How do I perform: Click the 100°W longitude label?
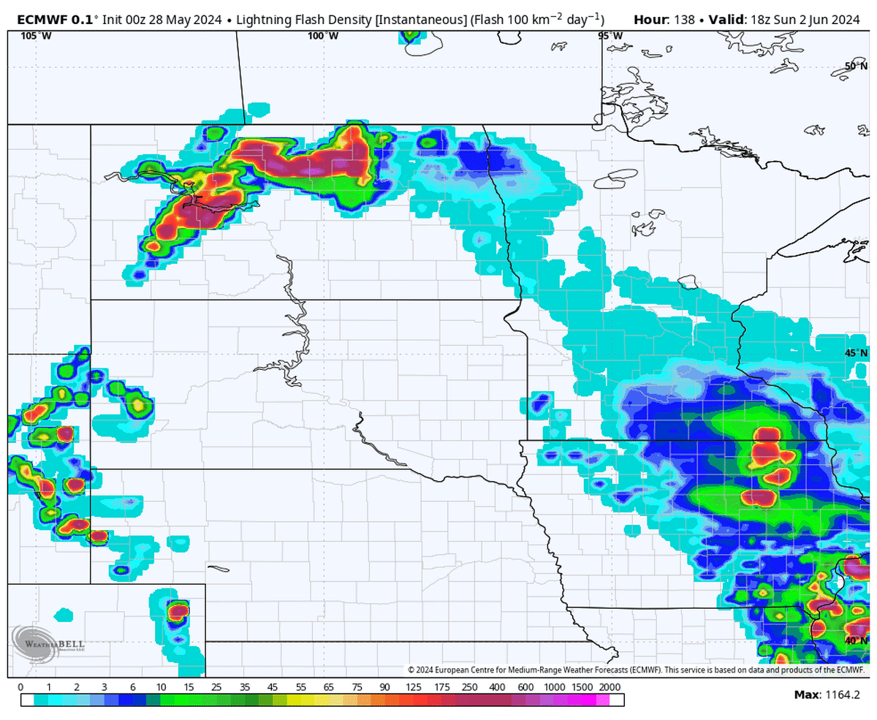coord(322,36)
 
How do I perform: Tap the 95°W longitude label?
coord(610,36)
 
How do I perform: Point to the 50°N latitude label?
coord(856,66)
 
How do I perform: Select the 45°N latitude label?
coord(856,353)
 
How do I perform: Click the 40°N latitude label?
coord(856,641)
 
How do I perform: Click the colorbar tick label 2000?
coord(610,687)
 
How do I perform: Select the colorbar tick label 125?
coord(413,687)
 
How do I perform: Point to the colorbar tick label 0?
coord(20,687)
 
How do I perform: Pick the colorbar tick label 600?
coord(525,687)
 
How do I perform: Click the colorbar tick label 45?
coord(272,687)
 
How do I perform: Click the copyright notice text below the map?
coord(636,670)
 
